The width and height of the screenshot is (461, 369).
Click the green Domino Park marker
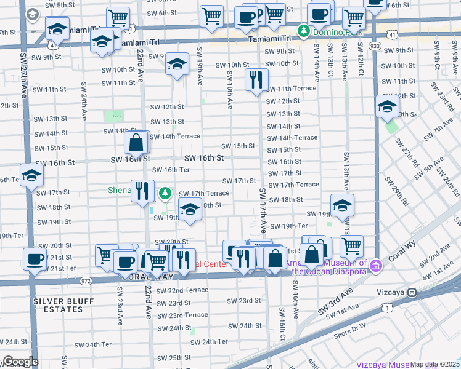click(x=304, y=30)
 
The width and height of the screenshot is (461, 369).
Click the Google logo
click(x=20, y=362)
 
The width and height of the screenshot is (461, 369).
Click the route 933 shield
click(x=375, y=46)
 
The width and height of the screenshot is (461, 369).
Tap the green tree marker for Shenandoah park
click(x=165, y=194)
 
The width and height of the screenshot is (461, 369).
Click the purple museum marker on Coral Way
click(x=377, y=266)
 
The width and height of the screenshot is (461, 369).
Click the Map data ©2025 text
click(x=434, y=364)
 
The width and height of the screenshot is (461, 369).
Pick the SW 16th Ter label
click(x=171, y=170)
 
